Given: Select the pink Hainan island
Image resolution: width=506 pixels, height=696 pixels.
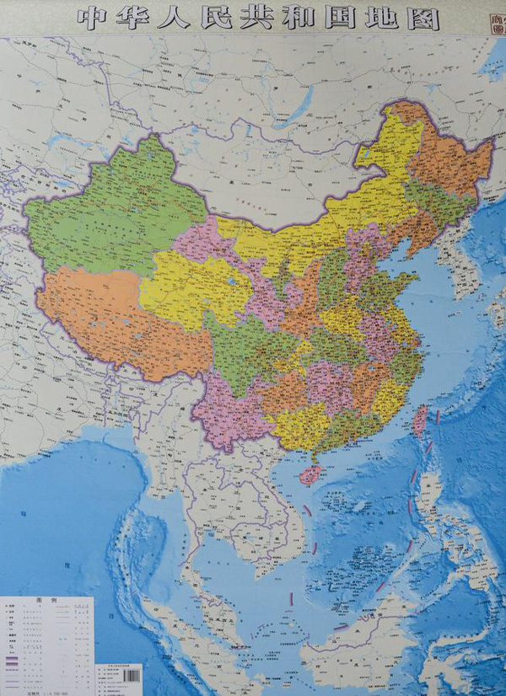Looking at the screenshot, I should (310, 474).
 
